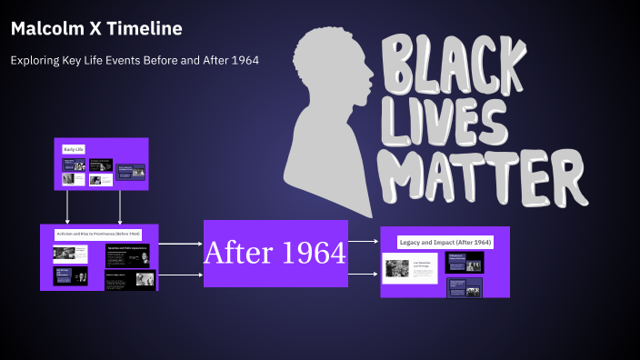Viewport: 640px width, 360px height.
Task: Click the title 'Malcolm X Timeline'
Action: [x=96, y=29]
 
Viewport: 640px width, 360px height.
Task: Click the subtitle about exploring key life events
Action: [x=135, y=60]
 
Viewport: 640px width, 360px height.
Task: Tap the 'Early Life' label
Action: [x=74, y=148]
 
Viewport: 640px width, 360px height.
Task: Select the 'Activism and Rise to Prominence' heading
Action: [x=96, y=235]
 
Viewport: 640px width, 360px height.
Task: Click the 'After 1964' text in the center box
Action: [x=275, y=253]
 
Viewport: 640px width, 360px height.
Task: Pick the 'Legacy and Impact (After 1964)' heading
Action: [x=445, y=242]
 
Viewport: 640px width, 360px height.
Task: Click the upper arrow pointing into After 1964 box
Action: [x=181, y=244]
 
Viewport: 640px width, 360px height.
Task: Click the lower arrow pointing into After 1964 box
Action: [x=181, y=274]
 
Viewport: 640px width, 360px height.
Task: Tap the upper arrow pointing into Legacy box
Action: [x=363, y=242]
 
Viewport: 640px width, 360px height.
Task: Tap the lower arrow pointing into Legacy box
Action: [x=363, y=273]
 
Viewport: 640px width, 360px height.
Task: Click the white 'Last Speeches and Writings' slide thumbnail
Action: [x=410, y=268]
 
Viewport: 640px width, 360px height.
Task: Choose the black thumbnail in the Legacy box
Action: [x=464, y=263]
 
